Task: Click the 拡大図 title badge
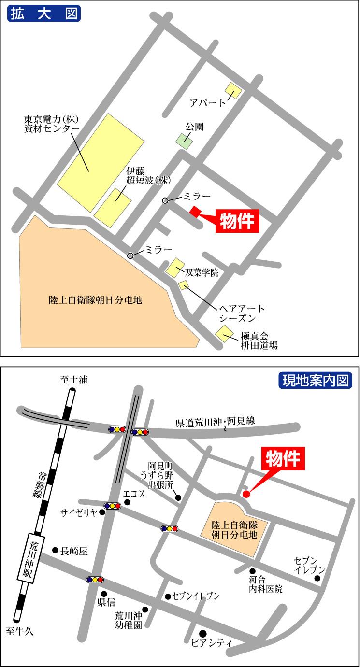43,14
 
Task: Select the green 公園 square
184,141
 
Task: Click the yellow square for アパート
233,91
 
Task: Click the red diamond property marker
196,212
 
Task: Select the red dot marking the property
246,494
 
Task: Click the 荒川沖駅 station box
34,560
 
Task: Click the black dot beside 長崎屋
55,550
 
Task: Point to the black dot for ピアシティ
203,633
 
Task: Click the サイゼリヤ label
79,512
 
